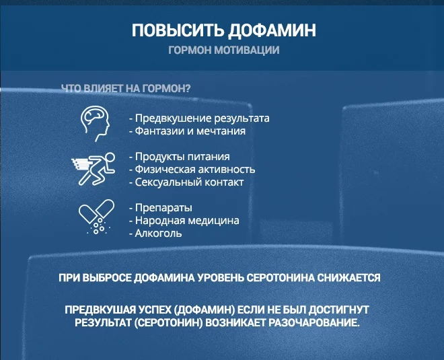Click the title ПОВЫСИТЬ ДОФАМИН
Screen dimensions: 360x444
click(223, 31)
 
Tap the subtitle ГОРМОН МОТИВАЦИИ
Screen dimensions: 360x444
click(223, 50)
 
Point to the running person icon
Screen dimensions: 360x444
click(92, 169)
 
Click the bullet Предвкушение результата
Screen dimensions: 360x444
click(198, 118)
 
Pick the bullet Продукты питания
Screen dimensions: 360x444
click(178, 156)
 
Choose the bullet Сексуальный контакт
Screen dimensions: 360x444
click(186, 182)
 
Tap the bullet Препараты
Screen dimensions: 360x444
click(160, 207)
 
